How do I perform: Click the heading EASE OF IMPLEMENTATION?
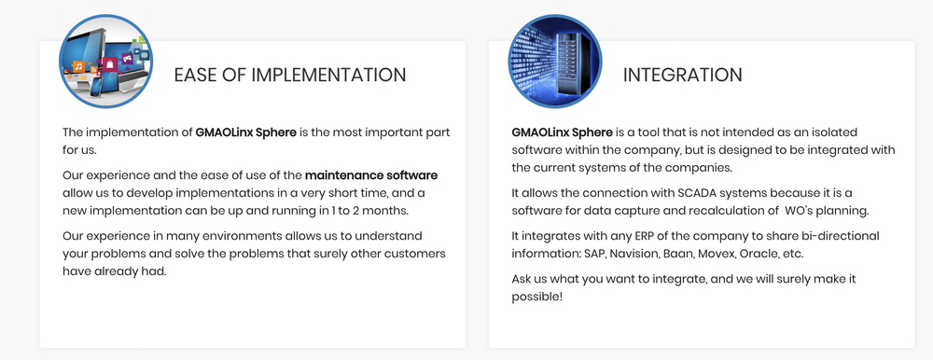pyautogui.click(x=290, y=75)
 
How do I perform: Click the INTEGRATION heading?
pyautogui.click(x=683, y=75)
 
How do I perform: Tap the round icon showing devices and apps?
pyautogui.click(x=106, y=62)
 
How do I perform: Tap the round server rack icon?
pyautogui.click(x=554, y=62)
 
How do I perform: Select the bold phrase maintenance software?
pyautogui.click(x=371, y=175)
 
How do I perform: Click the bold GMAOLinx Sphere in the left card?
pyautogui.click(x=245, y=132)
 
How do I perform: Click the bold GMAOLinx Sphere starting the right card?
pyautogui.click(x=562, y=132)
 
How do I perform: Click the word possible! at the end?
pyautogui.click(x=536, y=297)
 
